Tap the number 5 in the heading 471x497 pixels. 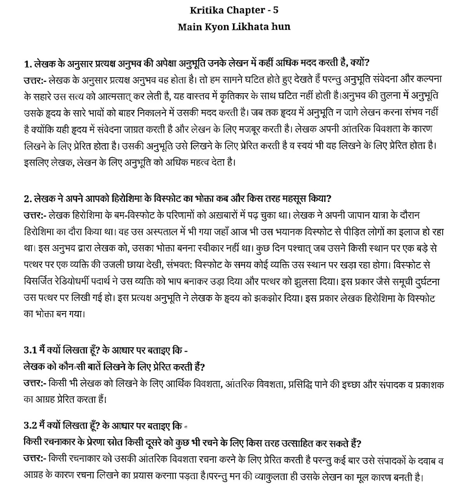click(x=276, y=10)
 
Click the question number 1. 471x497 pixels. click(x=26, y=63)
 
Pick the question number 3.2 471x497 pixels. click(x=30, y=426)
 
